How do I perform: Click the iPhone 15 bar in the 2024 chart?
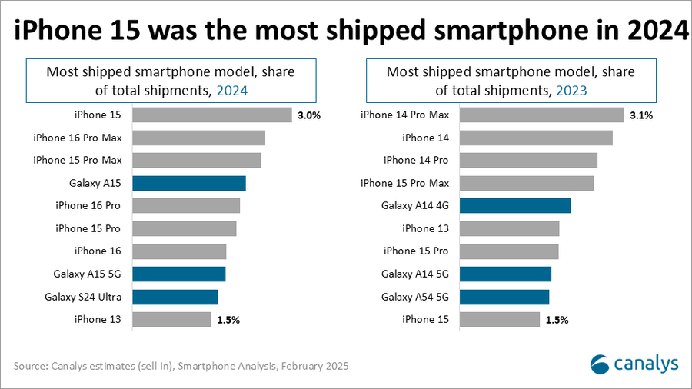(x=212, y=115)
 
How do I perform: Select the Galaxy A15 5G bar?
(x=179, y=274)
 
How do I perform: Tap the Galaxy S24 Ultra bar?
(x=175, y=297)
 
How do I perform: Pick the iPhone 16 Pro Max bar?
(x=199, y=138)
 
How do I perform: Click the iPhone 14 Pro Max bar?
(x=542, y=115)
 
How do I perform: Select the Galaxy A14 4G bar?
(x=515, y=205)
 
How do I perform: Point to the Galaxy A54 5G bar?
(x=504, y=297)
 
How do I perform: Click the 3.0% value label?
(x=308, y=115)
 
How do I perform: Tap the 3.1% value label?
(x=641, y=115)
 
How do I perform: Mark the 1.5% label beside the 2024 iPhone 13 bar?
(x=228, y=320)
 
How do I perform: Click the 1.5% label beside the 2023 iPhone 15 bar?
(x=556, y=320)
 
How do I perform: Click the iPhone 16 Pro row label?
(x=88, y=206)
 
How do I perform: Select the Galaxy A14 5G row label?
(x=414, y=274)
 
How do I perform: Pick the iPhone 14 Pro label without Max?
(x=415, y=160)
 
